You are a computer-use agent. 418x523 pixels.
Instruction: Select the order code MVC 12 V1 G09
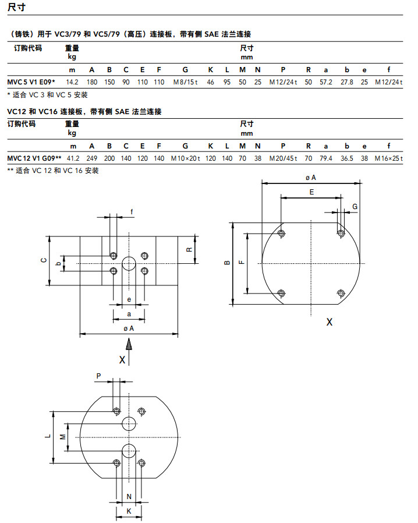coord(31,158)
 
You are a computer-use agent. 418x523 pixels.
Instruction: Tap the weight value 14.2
coord(72,82)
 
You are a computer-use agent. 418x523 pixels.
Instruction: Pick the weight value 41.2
coord(73,158)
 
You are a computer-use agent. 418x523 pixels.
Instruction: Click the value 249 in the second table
coord(91,158)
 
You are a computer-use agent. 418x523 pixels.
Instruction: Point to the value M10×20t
coord(185,158)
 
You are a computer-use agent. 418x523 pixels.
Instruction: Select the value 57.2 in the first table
coord(325,82)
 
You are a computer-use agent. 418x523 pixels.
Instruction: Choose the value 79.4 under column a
coord(325,158)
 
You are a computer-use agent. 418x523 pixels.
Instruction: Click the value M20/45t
coord(283,158)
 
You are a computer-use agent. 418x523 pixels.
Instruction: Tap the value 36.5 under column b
coord(346,158)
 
